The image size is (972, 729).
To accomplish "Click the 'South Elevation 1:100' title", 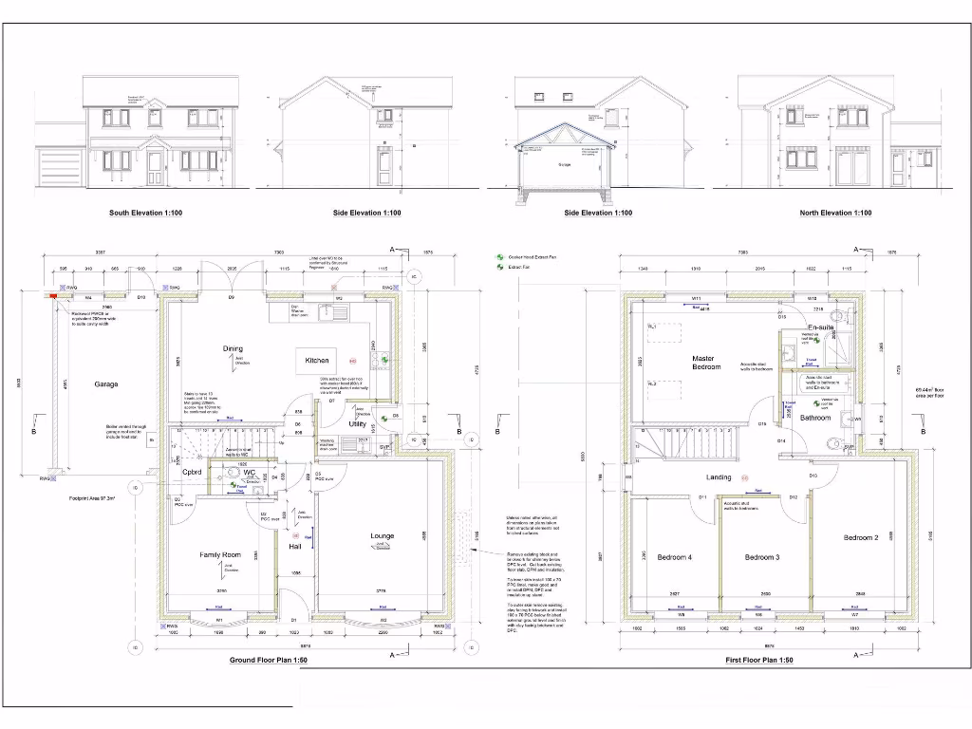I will coord(145,213).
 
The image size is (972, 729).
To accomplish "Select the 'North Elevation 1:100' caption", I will coord(835,213).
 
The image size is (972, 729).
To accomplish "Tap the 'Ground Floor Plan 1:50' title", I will coord(269,660).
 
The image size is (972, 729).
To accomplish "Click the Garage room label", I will coord(106,384).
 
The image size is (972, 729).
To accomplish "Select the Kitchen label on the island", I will coord(317,361).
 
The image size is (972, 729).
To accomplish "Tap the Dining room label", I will coord(233,348).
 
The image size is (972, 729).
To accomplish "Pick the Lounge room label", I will coord(382,536).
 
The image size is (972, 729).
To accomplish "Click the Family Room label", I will coord(220,554).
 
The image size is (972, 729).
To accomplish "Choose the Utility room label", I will coord(357,424).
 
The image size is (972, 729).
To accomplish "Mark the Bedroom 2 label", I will coord(860,537).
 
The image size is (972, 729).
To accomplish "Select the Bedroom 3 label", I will coord(761,557).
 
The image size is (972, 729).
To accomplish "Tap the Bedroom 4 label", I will coord(674,557).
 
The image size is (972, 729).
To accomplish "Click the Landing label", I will coord(719,477).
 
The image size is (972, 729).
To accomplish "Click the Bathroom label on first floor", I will coord(814,418).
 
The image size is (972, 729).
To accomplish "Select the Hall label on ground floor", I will coord(294,546).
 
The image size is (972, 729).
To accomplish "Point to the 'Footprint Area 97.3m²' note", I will coord(91,498).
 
